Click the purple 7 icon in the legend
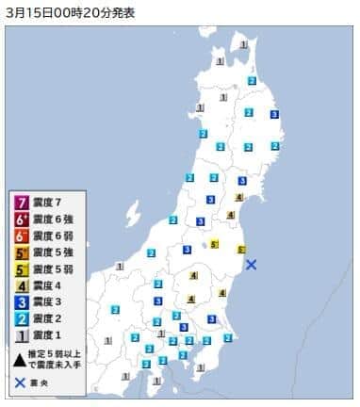point(20,203)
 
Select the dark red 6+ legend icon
point(20,219)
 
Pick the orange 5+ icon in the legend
point(20,252)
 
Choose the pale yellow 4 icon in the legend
point(20,285)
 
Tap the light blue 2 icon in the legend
point(20,319)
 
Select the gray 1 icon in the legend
point(20,336)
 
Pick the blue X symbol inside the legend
point(20,383)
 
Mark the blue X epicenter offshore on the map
point(252,265)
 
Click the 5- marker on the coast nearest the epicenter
point(241,250)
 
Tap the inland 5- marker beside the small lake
point(215,244)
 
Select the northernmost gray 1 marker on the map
point(243,44)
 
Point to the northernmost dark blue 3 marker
point(274,114)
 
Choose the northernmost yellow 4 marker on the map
point(239,197)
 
